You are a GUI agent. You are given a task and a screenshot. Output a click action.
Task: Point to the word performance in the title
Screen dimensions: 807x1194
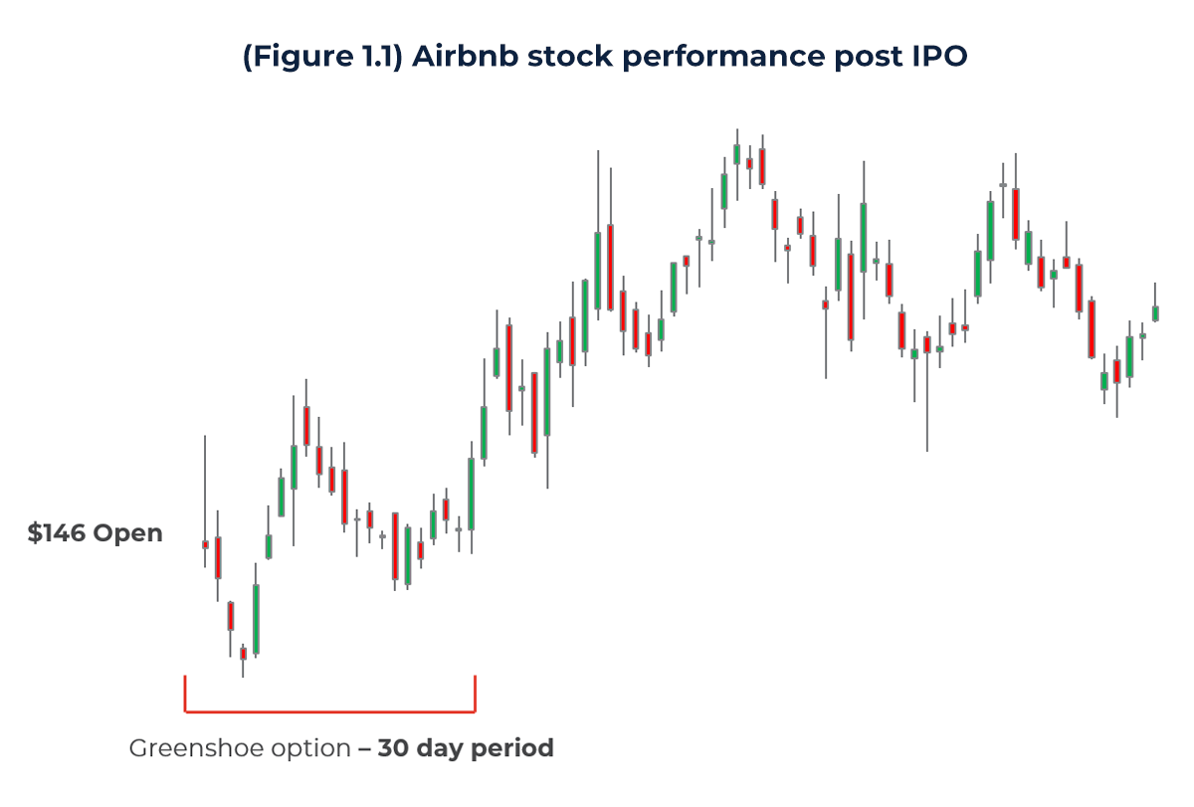688,58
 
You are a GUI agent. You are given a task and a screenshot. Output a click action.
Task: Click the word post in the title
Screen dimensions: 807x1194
846,58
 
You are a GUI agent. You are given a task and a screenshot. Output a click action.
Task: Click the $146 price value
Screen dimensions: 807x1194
57,533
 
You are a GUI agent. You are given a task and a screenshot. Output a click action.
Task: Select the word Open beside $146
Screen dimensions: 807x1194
127,534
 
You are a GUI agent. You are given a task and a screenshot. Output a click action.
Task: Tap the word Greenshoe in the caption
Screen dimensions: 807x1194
190,748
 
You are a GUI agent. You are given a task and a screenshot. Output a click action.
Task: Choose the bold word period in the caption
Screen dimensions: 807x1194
510,748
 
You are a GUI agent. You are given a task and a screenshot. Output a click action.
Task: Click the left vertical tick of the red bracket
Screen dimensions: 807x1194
185,694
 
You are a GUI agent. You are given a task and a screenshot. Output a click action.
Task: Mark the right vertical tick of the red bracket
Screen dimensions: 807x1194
475,694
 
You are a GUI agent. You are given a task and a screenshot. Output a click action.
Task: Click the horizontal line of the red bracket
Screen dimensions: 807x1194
329,711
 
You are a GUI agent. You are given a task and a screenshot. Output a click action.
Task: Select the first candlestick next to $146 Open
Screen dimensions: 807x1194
205,544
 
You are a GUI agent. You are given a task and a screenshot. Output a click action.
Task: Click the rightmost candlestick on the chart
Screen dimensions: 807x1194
1155,312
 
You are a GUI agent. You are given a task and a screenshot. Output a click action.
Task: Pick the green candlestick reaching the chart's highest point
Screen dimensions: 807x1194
736,153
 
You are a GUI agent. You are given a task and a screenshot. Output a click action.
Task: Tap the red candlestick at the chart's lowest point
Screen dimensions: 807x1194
243,654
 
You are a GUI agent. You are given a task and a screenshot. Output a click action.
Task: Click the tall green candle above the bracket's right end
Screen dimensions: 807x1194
471,494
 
